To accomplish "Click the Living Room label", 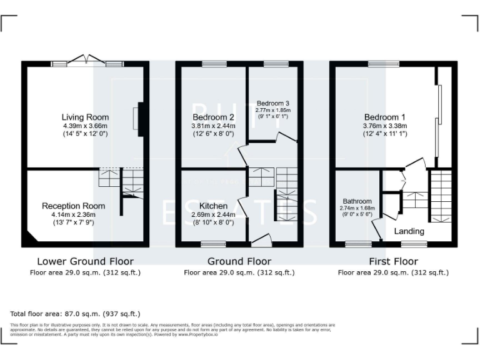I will [85, 117].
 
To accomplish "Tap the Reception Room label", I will [73, 206].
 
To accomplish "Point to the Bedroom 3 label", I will [272, 102].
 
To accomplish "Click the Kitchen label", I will [213, 206].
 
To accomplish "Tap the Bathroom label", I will [356, 201].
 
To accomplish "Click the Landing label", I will [409, 231].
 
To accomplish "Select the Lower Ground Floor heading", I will [85, 261].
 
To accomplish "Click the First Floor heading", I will [393, 261].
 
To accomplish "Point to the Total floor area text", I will [75, 314].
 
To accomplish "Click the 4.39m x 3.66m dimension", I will [85, 126].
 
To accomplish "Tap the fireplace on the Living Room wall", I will [137, 117].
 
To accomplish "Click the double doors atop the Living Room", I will [87, 62].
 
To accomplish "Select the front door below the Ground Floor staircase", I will [261, 239].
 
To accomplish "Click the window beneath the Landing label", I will [412, 244].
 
